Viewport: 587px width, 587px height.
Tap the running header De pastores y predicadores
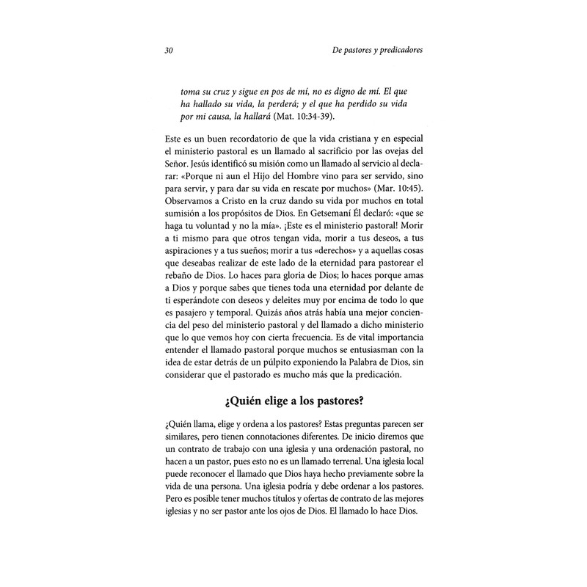373,51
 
